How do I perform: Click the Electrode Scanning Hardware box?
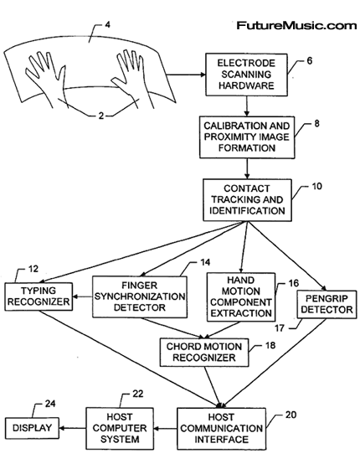tap(246, 75)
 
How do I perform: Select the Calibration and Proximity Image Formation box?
tap(247, 137)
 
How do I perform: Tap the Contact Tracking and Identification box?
tap(247, 200)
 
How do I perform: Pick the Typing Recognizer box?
tap(39, 296)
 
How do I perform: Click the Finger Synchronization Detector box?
tap(140, 296)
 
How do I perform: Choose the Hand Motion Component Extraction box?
tap(241, 297)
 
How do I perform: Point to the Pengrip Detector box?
tap(327, 304)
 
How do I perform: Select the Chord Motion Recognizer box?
tap(204, 353)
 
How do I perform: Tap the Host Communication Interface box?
tap(221, 429)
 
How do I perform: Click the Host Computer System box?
tap(120, 428)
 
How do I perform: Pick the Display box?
tap(32, 428)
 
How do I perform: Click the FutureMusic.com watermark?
tap(296, 25)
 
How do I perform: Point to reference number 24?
tap(50, 404)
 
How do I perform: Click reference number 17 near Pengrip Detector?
tap(280, 327)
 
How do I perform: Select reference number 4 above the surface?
tap(108, 25)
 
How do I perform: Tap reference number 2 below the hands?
tap(101, 116)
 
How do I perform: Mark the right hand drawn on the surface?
tap(132, 78)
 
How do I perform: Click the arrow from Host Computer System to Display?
tap(73, 428)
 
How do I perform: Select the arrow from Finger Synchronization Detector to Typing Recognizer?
tap(83, 296)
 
